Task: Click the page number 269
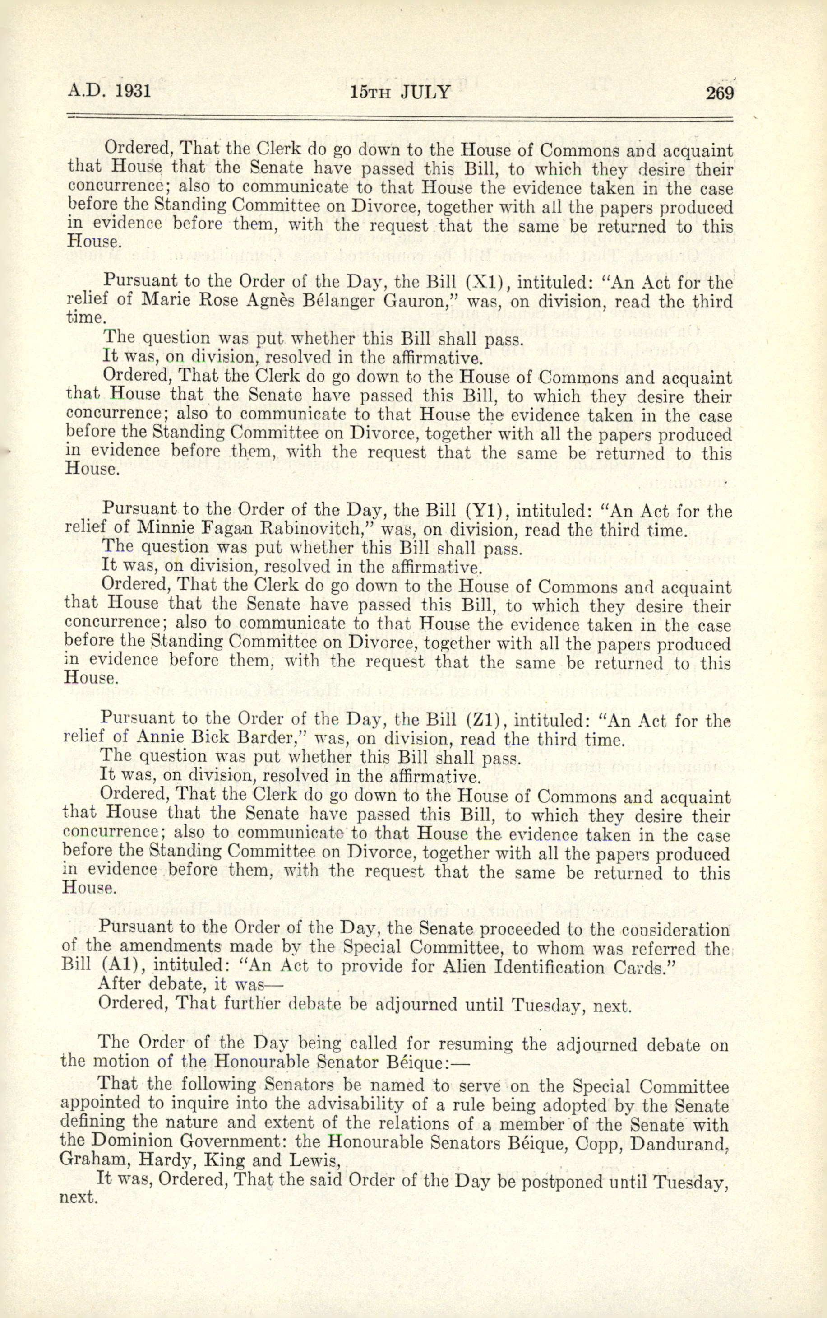coord(719,93)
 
